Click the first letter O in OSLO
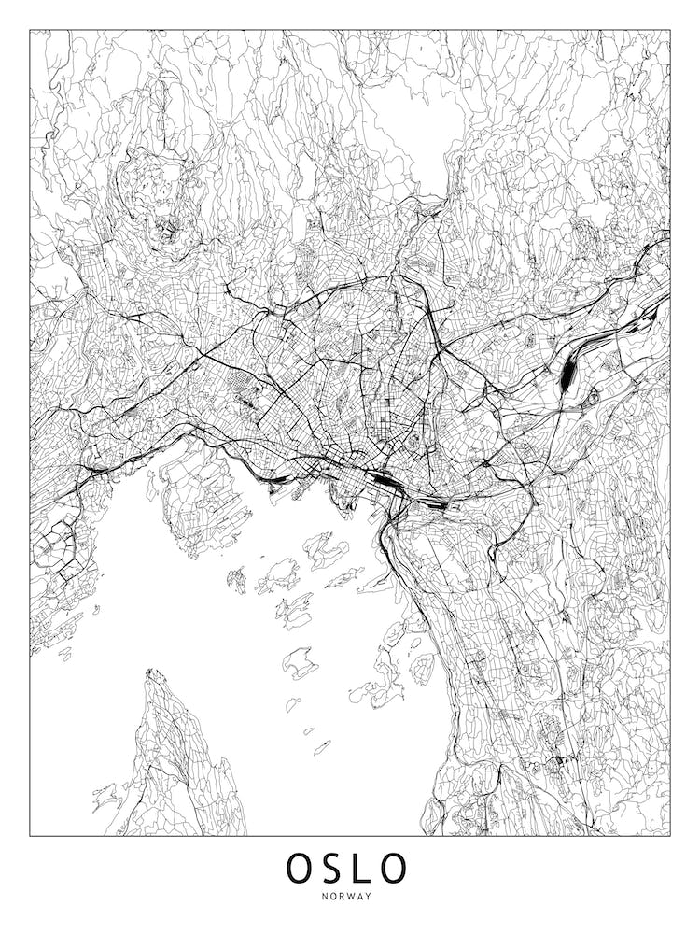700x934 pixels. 301,868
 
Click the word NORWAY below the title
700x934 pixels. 349,897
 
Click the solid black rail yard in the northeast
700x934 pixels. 568,374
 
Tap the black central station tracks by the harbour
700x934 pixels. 384,482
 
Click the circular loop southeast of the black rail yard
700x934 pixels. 592,400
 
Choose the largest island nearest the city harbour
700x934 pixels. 326,549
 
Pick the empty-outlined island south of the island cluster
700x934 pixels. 301,661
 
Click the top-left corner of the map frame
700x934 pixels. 30,30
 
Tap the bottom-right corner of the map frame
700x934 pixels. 670,835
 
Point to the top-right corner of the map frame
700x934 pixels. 670,30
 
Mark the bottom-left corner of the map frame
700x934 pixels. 30,835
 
